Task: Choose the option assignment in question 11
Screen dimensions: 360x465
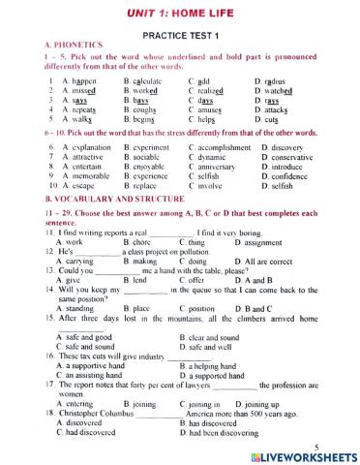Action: pyautogui.click(x=284, y=243)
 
